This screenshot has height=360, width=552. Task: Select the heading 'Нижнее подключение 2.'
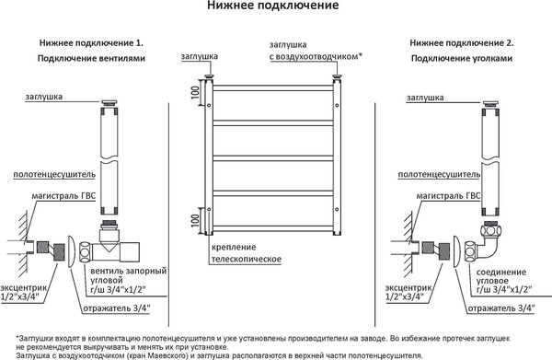point(461,43)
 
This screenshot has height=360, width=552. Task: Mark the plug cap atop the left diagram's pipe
point(108,99)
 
